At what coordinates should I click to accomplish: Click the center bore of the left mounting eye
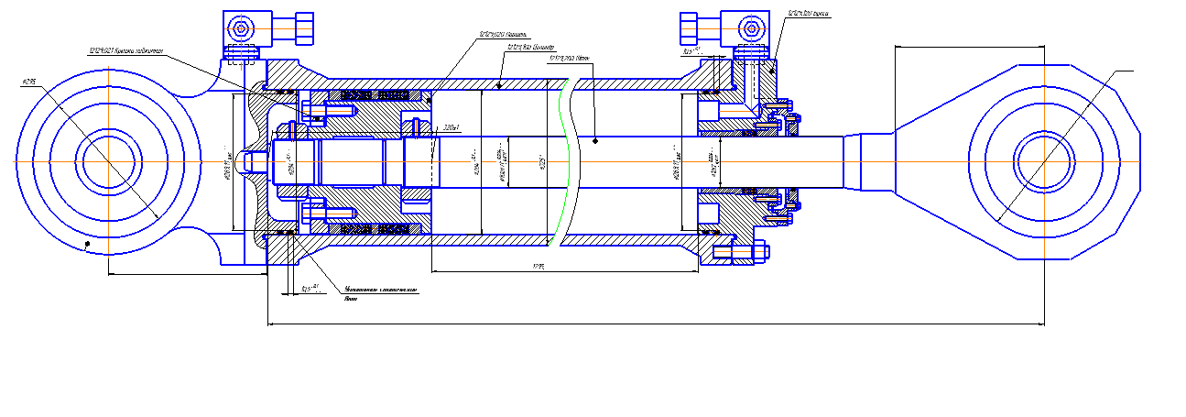(x=108, y=161)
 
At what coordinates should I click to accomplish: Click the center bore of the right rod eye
(x=1041, y=161)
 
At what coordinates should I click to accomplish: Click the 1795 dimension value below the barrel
(x=539, y=267)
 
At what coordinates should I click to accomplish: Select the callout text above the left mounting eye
(x=125, y=51)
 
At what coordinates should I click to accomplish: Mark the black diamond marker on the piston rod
(x=595, y=140)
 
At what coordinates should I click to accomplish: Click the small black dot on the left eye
(x=86, y=244)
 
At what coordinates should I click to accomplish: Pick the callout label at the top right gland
(x=809, y=15)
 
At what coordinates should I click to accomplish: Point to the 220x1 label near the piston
(x=451, y=127)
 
